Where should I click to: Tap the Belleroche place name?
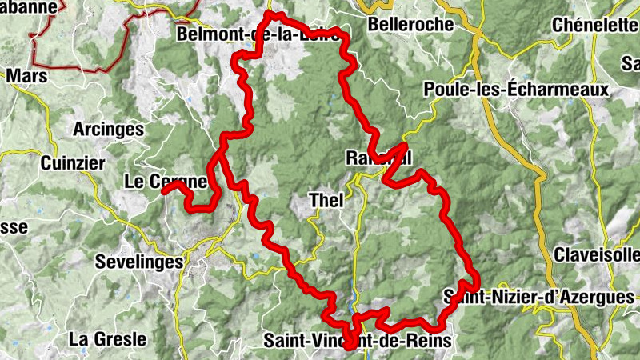410,25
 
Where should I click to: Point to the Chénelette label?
595,25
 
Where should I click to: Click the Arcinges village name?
108,129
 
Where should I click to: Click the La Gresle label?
107,338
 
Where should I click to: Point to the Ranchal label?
378,158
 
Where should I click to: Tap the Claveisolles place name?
597,255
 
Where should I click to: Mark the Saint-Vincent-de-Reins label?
357,341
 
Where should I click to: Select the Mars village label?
26,77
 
